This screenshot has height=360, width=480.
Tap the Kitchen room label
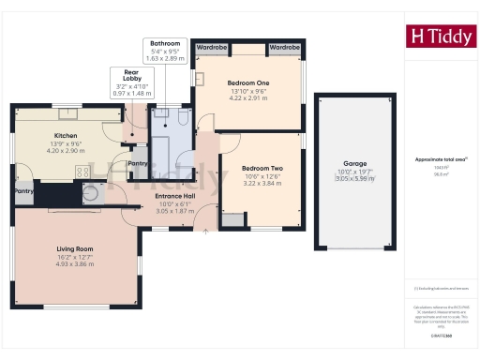pos(66,136)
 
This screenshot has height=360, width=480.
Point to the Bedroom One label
pos(248,83)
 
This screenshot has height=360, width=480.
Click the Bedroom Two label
pos(262,167)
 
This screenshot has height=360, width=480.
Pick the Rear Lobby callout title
pos(126,75)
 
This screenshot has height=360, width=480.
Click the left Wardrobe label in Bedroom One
pos(213,46)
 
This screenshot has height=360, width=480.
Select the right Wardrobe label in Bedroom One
pos(283,46)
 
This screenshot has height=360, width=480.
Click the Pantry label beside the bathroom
pos(138,163)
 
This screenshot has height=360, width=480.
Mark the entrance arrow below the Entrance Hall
pos(205,231)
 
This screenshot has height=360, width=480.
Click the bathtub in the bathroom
pos(160,145)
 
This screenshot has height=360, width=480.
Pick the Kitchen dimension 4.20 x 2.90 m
pos(66,151)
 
